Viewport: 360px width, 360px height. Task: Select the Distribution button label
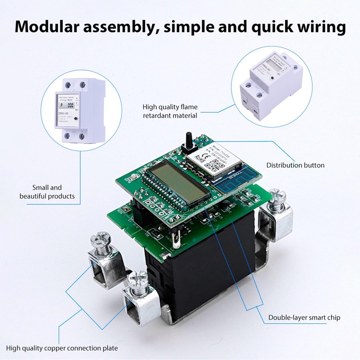[295, 165]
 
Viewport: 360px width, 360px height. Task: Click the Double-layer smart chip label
[304, 318]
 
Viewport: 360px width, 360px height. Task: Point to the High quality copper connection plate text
[62, 348]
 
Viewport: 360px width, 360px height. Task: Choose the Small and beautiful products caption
[47, 192]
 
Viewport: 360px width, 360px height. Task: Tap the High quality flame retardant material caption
[170, 111]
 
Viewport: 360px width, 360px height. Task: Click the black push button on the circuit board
[188, 141]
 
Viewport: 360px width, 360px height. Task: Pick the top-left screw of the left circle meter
[68, 85]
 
